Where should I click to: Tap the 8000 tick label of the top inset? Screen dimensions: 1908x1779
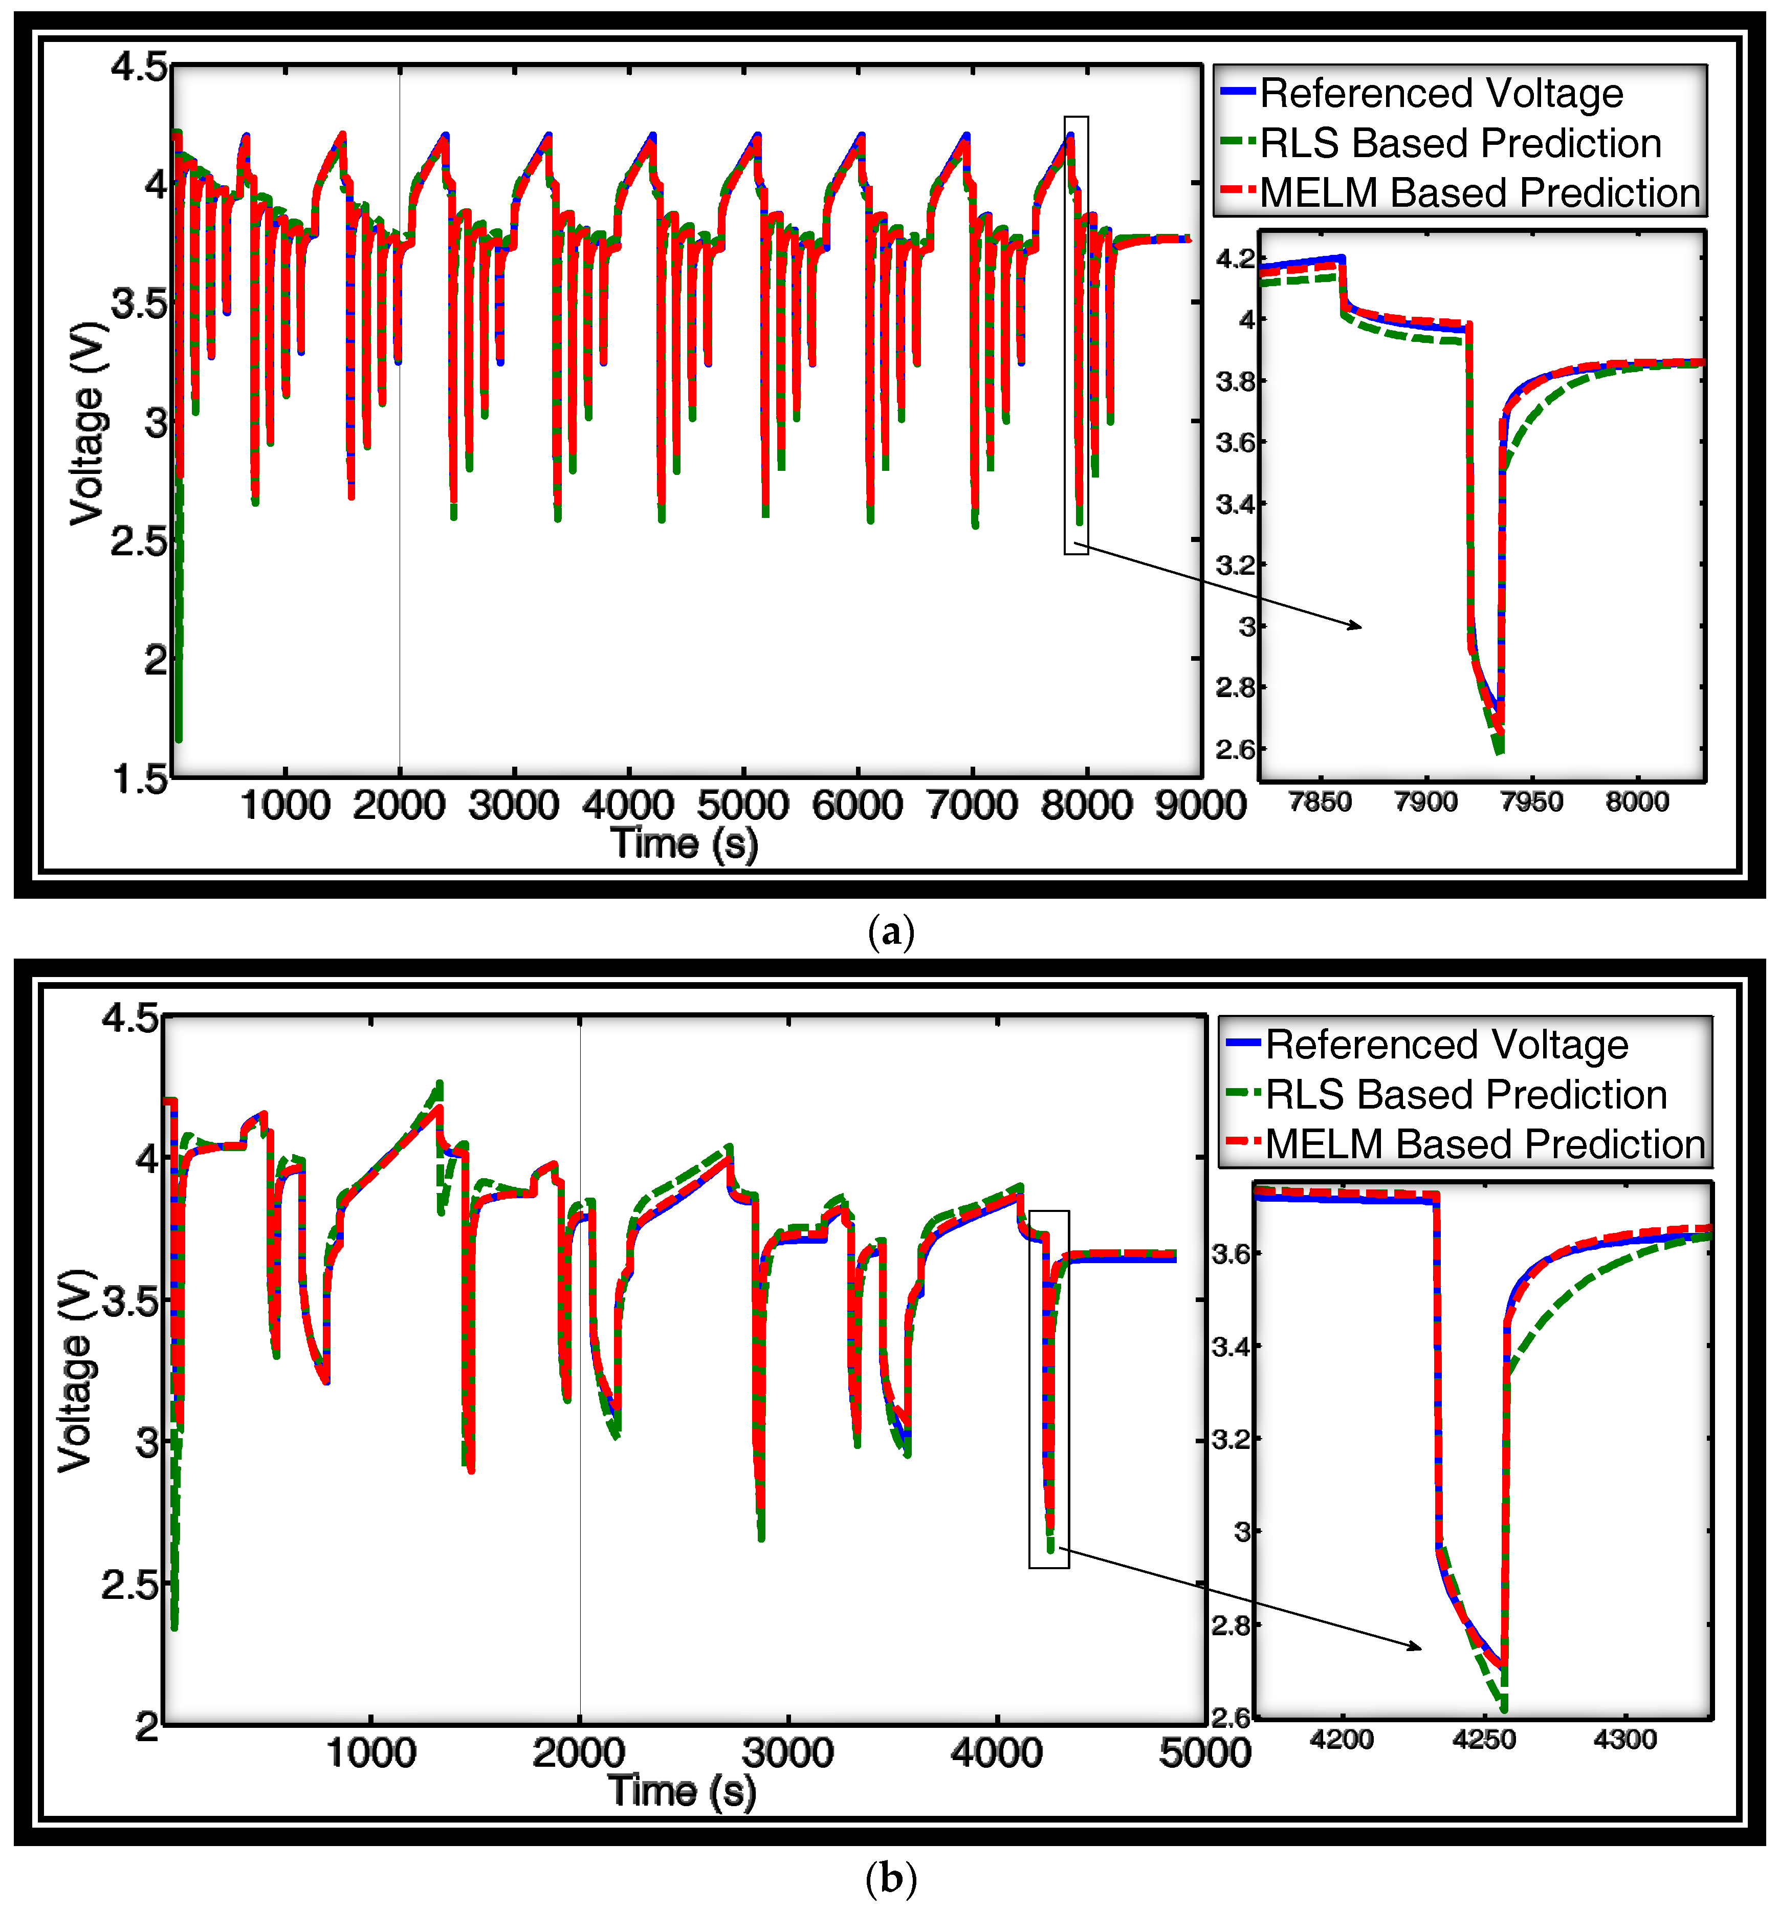point(1637,801)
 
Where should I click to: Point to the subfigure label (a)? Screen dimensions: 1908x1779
point(890,931)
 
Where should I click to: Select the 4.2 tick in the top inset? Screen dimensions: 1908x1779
point(1235,258)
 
